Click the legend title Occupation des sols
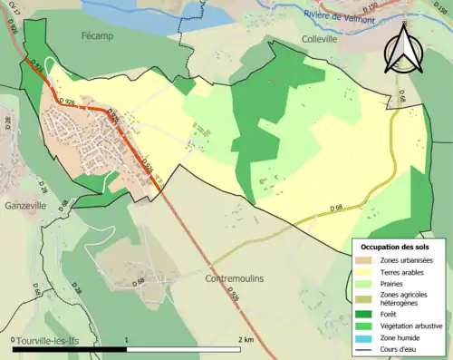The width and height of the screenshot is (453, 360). tap(397, 246)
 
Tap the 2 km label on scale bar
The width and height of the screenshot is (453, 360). tap(246, 339)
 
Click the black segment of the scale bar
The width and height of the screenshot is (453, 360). tap(70, 349)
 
